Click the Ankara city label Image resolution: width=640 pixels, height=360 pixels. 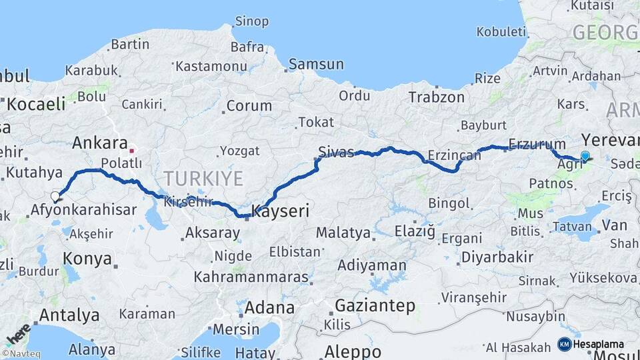click(99, 143)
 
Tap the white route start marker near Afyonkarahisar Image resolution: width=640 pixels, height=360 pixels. click(55, 197)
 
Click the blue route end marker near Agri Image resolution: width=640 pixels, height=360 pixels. click(585, 156)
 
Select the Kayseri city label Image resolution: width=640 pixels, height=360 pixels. click(280, 212)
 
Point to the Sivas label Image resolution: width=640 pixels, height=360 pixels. click(336, 151)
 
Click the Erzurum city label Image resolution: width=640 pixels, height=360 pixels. click(527, 144)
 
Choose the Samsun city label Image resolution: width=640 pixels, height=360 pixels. click(316, 65)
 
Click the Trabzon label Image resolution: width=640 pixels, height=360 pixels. click(436, 97)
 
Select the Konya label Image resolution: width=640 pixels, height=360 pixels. click(87, 259)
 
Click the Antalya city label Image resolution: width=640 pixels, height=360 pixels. click(69, 315)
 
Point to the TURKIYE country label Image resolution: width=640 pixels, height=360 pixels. click(203, 178)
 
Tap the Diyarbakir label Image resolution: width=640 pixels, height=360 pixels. click(497, 257)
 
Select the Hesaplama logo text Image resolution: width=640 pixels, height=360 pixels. click(598, 344)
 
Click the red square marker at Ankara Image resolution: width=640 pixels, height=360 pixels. click(132, 151)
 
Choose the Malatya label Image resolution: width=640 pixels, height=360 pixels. click(343, 233)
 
